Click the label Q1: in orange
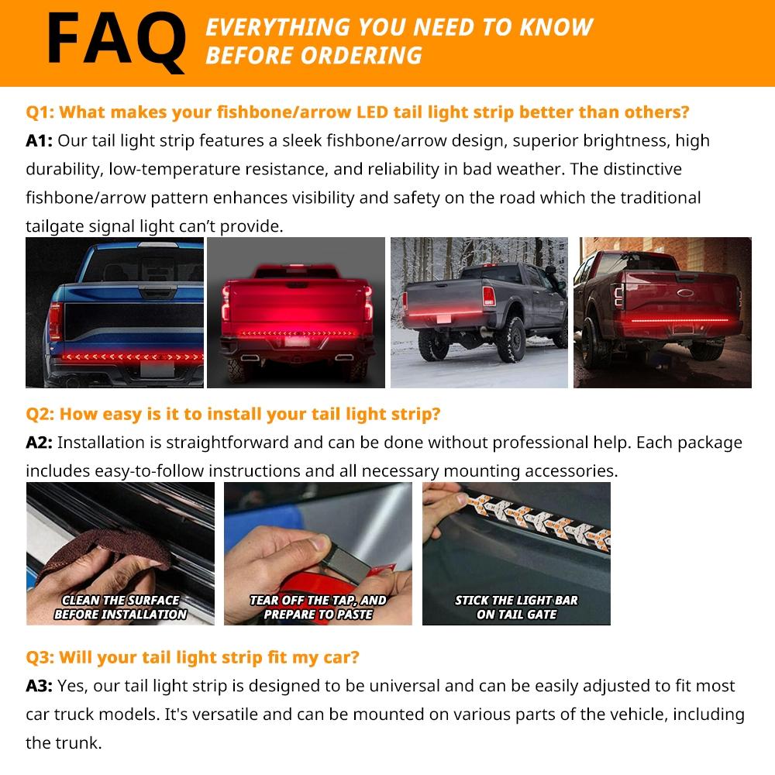(40, 112)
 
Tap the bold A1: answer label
(40, 140)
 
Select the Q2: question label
(40, 414)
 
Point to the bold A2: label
(40, 443)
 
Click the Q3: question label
(40, 657)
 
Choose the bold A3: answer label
(40, 686)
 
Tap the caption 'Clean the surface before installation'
(120, 607)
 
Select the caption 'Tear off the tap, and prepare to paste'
(318, 607)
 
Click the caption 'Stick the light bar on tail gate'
(516, 607)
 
